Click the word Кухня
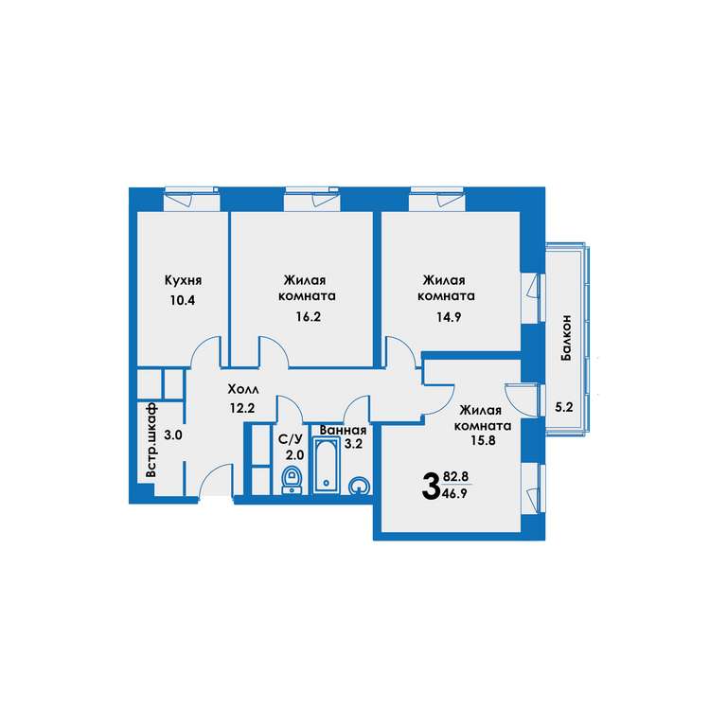pos(183,280)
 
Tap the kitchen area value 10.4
pos(182,300)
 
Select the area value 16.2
pos(309,317)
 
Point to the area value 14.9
pos(449,317)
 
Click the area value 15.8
pos(483,440)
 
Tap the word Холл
pos(243,389)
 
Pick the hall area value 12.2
pos(242,408)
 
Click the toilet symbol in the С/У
pos(293,480)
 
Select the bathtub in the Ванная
pos(327,465)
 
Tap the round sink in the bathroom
pos(360,486)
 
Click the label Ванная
pos(343,431)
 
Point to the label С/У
pos(291,439)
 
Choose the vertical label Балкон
pos(566,338)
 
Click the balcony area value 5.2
pos(564,407)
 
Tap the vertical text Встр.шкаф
pos(151,440)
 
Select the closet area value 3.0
pos(173,435)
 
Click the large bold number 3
pos(431,486)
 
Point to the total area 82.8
pos(455,476)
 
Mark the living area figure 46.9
pos(455,493)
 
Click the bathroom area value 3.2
pos(353,444)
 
